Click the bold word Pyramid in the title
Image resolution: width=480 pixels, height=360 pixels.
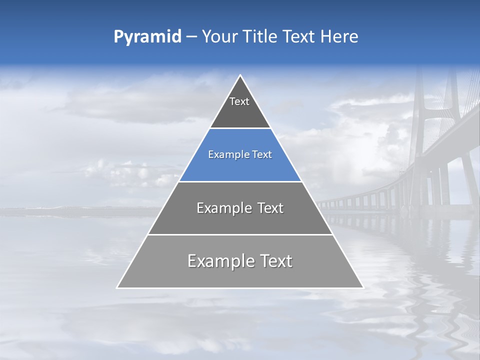coord(147,37)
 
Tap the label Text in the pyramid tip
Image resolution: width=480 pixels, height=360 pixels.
coord(239,101)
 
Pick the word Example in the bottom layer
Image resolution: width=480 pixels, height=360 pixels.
coord(220,261)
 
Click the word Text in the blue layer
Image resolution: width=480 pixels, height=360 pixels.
coord(262,154)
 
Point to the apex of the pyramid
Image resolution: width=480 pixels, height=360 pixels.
coord(240,76)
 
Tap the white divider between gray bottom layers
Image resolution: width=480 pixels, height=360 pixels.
coord(240,234)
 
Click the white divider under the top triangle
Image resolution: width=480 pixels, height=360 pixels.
coord(240,128)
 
